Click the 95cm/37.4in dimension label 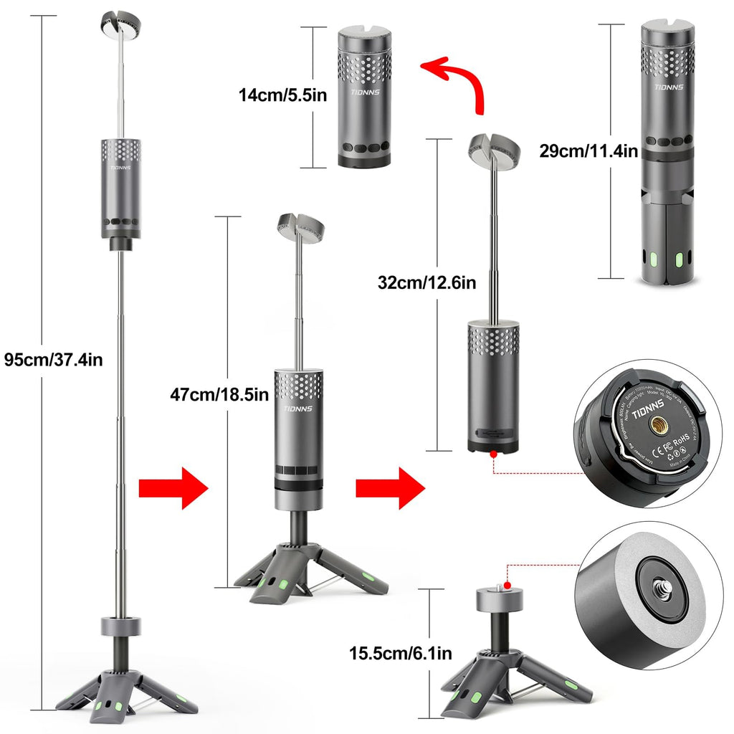tap(54, 359)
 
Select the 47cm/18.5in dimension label tap(219, 394)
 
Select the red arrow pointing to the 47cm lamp tap(172, 487)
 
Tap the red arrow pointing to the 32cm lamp tap(390, 487)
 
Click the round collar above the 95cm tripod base tap(120, 625)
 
